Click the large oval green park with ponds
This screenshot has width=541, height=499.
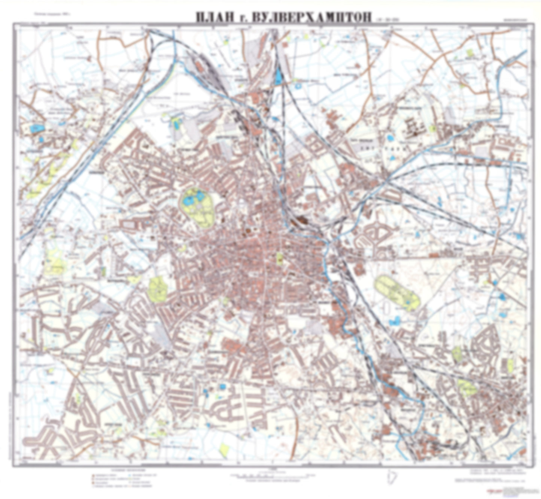(x=198, y=207)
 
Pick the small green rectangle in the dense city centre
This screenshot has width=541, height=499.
(x=279, y=258)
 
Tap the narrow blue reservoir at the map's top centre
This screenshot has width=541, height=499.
(x=279, y=77)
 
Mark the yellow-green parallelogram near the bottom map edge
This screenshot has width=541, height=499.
(x=224, y=450)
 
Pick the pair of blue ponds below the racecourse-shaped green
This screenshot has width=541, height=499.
(x=394, y=320)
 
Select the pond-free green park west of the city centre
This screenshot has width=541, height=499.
(x=158, y=289)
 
